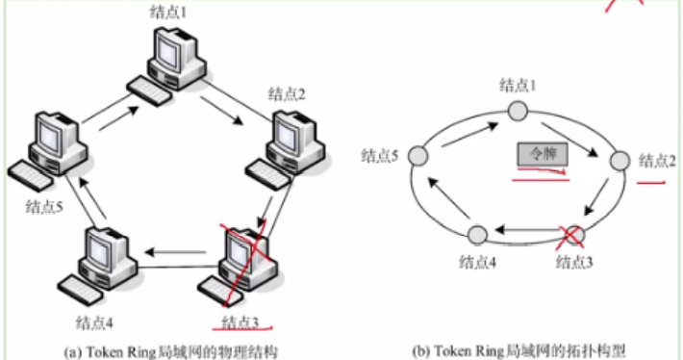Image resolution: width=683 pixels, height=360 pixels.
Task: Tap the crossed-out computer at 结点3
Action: pos(243,260)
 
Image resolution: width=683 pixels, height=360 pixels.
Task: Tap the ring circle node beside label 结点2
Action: pos(620,160)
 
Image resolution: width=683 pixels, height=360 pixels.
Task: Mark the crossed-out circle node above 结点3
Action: pos(574,234)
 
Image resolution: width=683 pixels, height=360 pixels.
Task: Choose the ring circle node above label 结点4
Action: pos(478,234)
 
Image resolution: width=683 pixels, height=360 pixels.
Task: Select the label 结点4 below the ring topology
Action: pos(478,261)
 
